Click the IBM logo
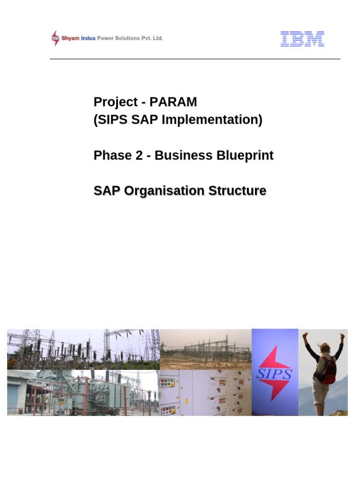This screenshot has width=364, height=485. pyautogui.click(x=302, y=39)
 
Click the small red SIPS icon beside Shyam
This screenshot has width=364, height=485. pyautogui.click(x=55, y=38)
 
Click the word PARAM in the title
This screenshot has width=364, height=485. pyautogui.click(x=173, y=102)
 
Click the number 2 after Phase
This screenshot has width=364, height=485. pyautogui.click(x=139, y=155)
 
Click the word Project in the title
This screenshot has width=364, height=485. pyautogui.click(x=113, y=102)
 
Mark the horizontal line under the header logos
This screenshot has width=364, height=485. pyautogui.click(x=195, y=59)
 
